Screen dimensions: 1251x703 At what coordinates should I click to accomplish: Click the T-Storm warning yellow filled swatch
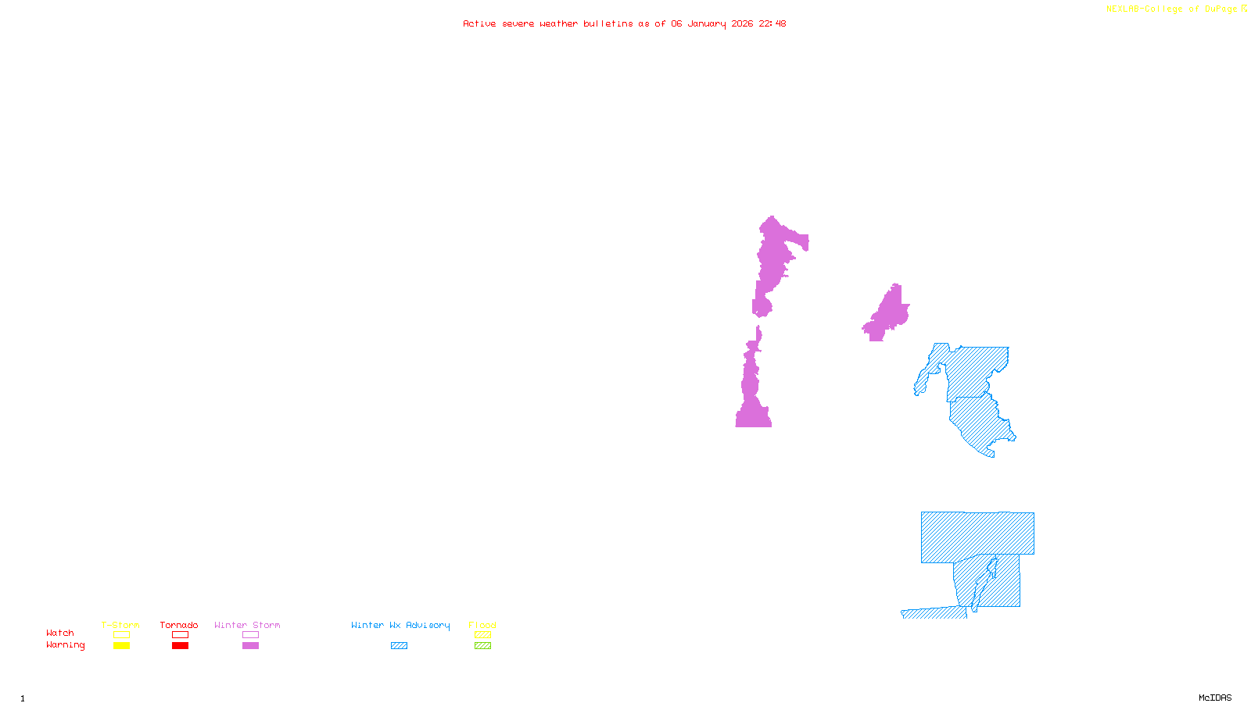(121, 646)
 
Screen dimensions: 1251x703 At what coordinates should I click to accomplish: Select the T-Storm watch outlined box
(121, 635)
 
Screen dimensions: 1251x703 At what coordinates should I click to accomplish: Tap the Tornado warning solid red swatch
(180, 646)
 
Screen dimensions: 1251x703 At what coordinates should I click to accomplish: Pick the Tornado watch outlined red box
(180, 635)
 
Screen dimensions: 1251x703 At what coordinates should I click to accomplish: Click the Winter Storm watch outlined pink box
(250, 635)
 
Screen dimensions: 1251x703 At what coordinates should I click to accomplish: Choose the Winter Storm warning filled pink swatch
(250, 646)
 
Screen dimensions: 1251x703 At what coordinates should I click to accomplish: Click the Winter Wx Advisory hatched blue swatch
(399, 646)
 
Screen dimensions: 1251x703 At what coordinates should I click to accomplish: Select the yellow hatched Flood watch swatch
(482, 635)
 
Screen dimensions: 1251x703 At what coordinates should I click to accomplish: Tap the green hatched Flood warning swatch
(482, 646)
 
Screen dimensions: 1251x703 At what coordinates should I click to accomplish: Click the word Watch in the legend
(60, 633)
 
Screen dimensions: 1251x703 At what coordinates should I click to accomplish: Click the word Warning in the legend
(65, 645)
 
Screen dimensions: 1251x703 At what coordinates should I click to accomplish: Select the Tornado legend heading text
(179, 625)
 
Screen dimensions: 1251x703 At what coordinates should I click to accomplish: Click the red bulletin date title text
(624, 23)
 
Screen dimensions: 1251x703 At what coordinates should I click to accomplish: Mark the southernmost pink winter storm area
(753, 391)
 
